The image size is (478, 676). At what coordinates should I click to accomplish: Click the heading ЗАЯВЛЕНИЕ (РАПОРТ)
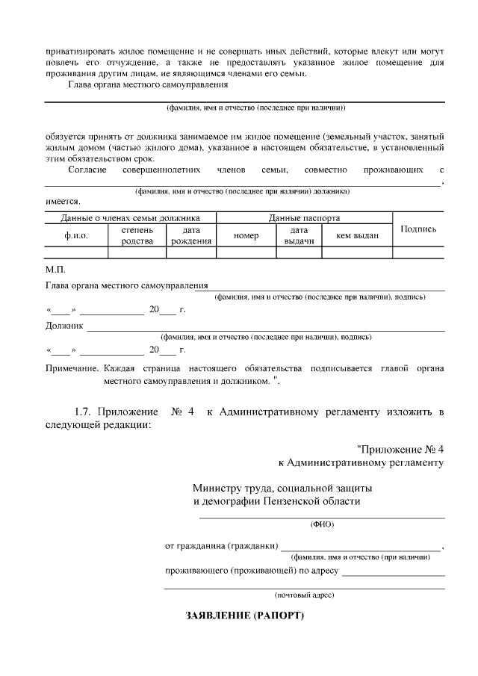pyautogui.click(x=245, y=617)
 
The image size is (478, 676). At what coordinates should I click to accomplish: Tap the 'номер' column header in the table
pyautogui.click(x=246, y=235)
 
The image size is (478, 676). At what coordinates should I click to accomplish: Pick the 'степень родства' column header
pyautogui.click(x=137, y=235)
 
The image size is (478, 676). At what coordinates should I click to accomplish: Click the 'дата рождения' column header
pyautogui.click(x=191, y=235)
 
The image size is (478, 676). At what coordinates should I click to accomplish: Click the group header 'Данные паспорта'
pyautogui.click(x=304, y=218)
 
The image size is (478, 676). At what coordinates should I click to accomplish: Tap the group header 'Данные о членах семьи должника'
pyautogui.click(x=130, y=218)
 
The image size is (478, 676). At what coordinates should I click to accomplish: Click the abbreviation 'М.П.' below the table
pyautogui.click(x=55, y=267)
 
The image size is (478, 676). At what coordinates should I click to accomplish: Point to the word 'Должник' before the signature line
pyautogui.click(x=64, y=326)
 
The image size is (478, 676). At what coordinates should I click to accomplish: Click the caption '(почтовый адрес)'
pyautogui.click(x=304, y=595)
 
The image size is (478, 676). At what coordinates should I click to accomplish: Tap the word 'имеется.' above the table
pyautogui.click(x=63, y=202)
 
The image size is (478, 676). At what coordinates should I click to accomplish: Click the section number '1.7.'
pyautogui.click(x=85, y=412)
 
